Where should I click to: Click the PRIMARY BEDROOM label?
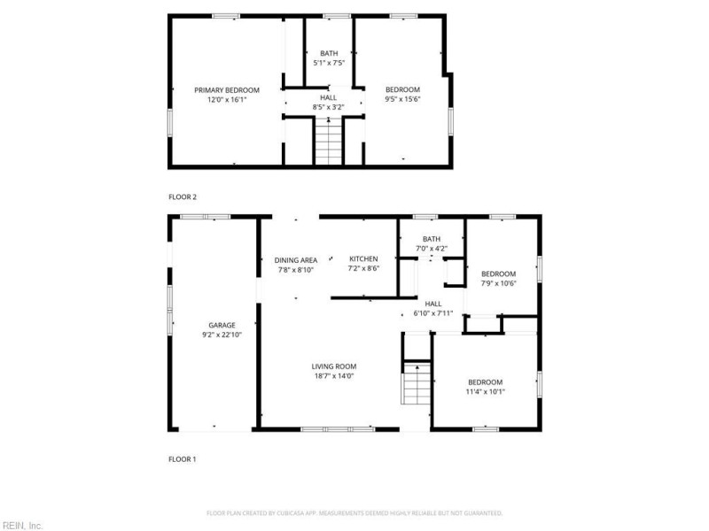point(227,89)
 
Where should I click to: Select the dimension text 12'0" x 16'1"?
point(227,100)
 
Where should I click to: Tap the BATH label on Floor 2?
point(329,53)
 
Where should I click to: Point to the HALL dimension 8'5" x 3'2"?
point(329,107)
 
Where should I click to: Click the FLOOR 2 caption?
point(183,196)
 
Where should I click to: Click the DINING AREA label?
point(296,259)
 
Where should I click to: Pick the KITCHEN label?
point(363,258)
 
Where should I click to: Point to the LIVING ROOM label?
point(333,366)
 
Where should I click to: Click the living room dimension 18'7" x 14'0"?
point(333,376)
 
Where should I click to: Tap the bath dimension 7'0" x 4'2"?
point(432,249)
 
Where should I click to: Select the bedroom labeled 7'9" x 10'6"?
point(498,279)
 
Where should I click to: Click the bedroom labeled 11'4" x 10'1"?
point(485,387)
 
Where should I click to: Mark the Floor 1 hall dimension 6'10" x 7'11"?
point(433,313)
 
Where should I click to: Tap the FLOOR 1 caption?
point(183,459)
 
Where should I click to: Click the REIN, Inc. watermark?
point(21,525)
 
